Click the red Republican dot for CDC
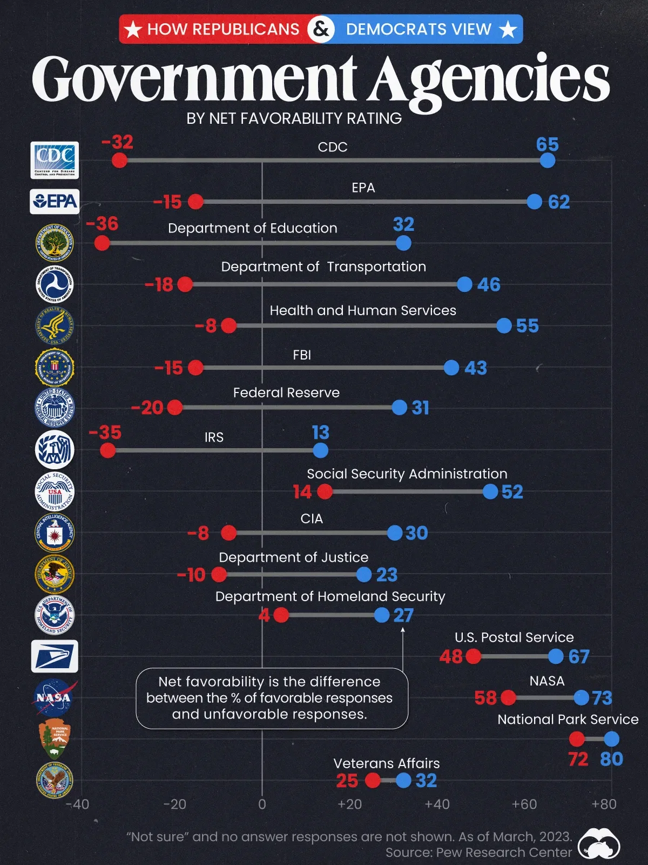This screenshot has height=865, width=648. point(119,160)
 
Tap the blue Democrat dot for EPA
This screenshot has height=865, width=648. point(534,202)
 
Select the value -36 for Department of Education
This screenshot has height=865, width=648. point(102,224)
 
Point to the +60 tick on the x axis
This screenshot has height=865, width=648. point(524,804)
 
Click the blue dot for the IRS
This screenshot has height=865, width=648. point(320,450)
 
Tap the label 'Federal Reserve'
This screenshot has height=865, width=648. point(286,392)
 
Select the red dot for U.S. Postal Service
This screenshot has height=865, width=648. point(473,656)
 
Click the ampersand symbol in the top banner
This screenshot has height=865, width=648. point(321,29)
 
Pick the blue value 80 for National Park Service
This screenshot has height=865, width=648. point(611,759)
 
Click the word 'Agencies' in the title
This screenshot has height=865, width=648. point(489,80)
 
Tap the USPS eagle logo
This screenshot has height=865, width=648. point(55,656)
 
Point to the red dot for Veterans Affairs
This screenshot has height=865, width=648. point(373,780)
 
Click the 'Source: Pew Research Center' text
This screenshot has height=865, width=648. point(478,853)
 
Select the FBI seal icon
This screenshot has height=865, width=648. point(54,368)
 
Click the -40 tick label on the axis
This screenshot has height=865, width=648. point(78,804)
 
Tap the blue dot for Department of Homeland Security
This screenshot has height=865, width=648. point(382,615)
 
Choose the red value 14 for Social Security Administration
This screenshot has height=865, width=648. point(302,491)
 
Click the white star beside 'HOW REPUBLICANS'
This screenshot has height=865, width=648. point(133,29)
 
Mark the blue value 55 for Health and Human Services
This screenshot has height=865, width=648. point(527,325)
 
